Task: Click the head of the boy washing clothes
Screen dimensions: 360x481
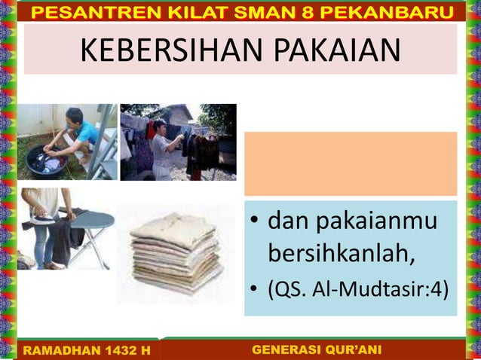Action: [73, 117]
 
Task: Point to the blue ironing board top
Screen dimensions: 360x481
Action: [89, 219]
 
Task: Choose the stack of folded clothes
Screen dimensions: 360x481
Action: [176, 253]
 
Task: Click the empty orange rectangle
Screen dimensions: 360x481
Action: [350, 163]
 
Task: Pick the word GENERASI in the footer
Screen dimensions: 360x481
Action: [283, 350]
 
